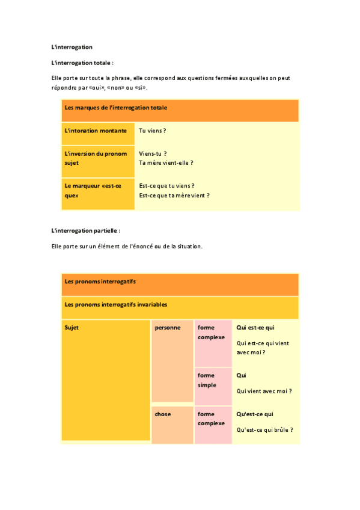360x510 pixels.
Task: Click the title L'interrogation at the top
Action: pos(72,46)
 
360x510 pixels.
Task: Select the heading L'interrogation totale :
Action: pos(82,62)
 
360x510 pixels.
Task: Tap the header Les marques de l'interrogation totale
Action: pos(115,108)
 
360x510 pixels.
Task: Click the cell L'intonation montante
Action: pos(96,131)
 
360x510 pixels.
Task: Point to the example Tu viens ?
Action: pos(152,131)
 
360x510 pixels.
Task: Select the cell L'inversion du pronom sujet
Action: pos(96,158)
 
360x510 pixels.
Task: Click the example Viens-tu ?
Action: pos(153,153)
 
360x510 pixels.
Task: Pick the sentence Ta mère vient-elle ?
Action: pos(166,162)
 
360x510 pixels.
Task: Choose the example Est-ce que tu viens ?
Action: pos(166,186)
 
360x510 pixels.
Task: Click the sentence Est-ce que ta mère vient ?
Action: pos(174,195)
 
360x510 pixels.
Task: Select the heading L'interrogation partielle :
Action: pos(86,230)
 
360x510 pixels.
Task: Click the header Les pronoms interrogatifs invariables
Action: pos(115,305)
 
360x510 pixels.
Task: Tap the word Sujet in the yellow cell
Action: pos(72,328)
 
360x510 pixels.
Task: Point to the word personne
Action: pos(168,328)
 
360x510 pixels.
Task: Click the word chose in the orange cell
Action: pos(163,414)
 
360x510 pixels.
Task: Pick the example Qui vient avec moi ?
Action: pos(264,391)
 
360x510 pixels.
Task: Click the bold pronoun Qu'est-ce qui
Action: pos(255,414)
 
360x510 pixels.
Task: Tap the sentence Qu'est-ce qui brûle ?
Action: pos(265,429)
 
